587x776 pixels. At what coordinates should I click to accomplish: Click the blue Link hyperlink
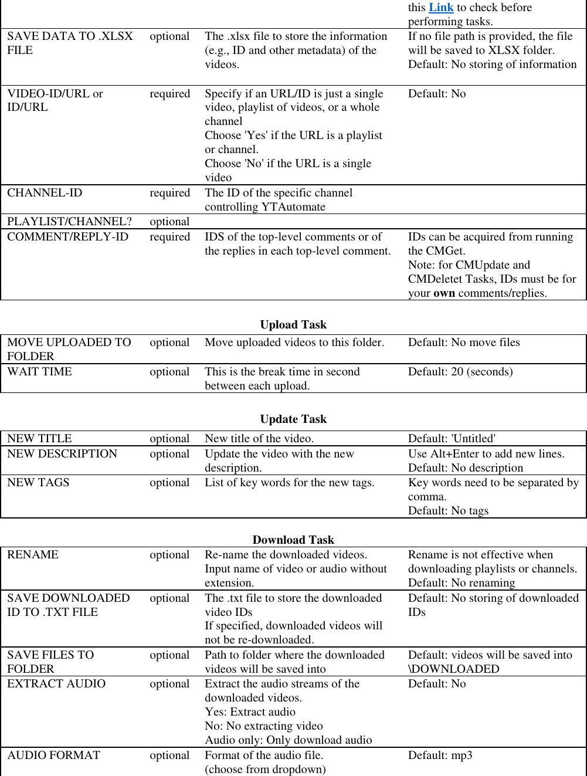click(x=441, y=8)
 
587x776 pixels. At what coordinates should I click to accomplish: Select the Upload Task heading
click(x=293, y=325)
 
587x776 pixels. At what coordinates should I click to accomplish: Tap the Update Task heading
click(x=293, y=419)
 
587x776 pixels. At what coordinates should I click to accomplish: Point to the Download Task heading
click(x=293, y=540)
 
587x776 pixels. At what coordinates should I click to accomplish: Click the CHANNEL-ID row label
click(x=45, y=193)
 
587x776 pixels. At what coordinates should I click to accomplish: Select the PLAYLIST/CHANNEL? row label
click(x=69, y=222)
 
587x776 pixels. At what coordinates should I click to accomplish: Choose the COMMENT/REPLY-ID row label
click(x=67, y=237)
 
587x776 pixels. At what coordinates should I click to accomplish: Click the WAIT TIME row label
click(x=39, y=372)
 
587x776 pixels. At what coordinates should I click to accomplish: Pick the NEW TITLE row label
click(x=39, y=439)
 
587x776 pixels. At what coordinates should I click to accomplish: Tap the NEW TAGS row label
click(x=38, y=483)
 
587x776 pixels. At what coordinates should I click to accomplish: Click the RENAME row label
click(x=33, y=555)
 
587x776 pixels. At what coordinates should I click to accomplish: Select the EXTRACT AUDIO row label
click(x=56, y=684)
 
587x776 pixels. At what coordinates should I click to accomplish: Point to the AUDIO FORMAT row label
click(x=53, y=755)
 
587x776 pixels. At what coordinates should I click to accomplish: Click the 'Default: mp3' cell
click(x=440, y=755)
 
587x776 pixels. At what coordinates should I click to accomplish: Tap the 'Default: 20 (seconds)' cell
click(x=460, y=372)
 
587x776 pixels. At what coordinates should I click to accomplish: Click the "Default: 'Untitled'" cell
click(x=452, y=439)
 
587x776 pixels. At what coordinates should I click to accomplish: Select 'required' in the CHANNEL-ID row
click(x=169, y=193)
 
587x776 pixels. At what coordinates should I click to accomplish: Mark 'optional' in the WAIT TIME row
click(x=169, y=372)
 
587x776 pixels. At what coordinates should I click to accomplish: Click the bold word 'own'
click(x=444, y=293)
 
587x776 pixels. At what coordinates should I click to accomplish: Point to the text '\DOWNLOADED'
click(x=454, y=669)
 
